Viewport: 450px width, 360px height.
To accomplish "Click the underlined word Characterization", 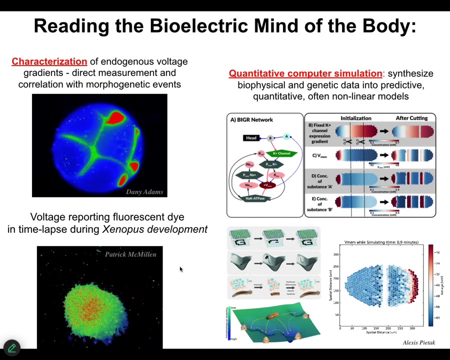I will click(49, 61).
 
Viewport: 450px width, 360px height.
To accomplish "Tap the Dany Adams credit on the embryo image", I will click(144, 191).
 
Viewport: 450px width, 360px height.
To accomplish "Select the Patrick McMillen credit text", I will click(130, 254).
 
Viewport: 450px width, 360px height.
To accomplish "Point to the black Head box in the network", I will click(251, 138).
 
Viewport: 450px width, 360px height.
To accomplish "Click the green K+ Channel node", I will click(281, 153).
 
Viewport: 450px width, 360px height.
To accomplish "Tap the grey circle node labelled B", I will click(270, 138).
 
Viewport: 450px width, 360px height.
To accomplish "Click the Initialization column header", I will click(355, 118).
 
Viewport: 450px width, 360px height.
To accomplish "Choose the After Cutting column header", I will click(411, 118).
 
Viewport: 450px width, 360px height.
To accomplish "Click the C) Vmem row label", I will click(319, 155).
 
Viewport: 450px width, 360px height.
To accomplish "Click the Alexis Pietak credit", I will click(419, 342).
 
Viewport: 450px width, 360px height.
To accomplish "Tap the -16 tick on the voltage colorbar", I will click(436, 252).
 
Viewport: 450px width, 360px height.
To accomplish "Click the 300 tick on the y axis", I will click(336, 254).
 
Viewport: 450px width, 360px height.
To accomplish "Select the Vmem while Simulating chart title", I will click(381, 242).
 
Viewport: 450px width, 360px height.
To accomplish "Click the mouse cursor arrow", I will click(180, 269).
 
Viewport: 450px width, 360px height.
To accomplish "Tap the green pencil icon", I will click(11, 347).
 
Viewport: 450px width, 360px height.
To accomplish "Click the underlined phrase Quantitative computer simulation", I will click(305, 73).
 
